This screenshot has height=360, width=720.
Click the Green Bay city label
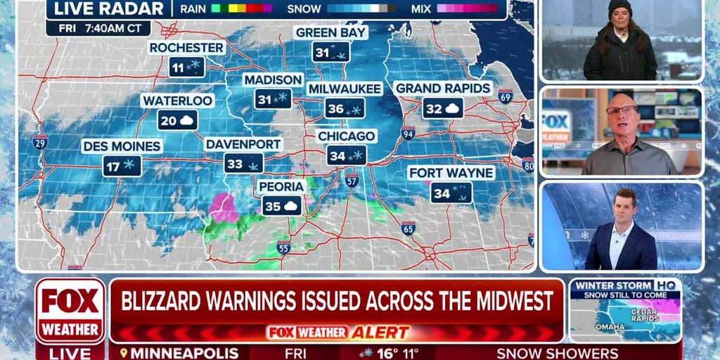[331, 32]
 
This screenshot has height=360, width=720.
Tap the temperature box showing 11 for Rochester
[186, 67]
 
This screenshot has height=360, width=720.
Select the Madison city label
[273, 79]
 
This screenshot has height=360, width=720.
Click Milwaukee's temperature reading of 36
[345, 108]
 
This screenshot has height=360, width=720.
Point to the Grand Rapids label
[442, 89]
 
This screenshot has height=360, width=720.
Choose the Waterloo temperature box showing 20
[177, 120]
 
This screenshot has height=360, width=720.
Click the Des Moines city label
[122, 146]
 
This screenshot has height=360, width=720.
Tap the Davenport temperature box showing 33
[244, 164]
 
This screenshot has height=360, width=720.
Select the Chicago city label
[346, 136]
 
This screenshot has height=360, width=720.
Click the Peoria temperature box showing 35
[282, 206]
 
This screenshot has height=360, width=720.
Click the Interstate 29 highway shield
[40, 143]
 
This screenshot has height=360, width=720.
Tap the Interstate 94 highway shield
[408, 133]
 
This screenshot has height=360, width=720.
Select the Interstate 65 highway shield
[409, 228]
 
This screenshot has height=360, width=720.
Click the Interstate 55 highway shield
[283, 247]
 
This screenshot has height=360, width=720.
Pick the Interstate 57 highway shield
[352, 180]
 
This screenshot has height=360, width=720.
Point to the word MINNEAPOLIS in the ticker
[184, 353]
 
